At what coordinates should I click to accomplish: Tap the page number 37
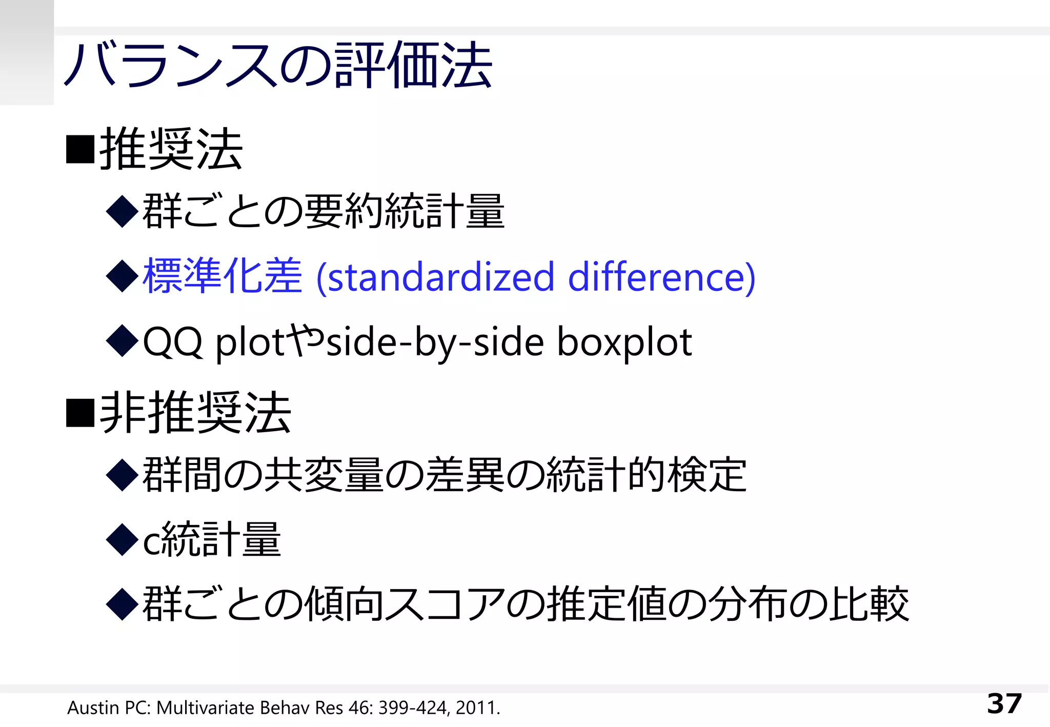[1004, 703]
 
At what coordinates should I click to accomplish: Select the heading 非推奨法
[195, 413]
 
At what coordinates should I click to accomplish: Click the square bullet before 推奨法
[80, 150]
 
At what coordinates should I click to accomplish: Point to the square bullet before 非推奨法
[80, 413]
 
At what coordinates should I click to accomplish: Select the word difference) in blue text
[661, 277]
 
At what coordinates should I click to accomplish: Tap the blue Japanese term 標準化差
[222, 276]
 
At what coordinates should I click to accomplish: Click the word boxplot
[624, 342]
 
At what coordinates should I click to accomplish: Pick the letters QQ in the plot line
[172, 342]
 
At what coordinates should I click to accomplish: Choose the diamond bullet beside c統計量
[122, 539]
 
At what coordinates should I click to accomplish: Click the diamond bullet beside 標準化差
[122, 276]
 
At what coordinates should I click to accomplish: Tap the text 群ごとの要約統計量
[323, 211]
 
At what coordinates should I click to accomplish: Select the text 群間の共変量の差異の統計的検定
[444, 475]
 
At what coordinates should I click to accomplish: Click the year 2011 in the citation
[475, 708]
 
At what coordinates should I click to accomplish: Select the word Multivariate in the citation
[205, 708]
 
